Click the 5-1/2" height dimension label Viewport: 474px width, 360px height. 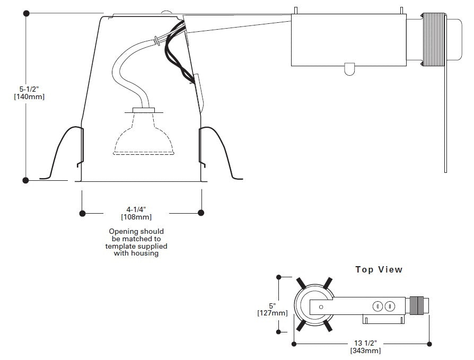(30, 89)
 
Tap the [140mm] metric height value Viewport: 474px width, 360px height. (30, 97)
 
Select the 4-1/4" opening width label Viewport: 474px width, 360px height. (136, 209)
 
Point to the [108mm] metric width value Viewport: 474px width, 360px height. (136, 217)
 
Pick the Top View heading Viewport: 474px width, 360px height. (379, 270)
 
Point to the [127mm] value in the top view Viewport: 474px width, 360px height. (273, 313)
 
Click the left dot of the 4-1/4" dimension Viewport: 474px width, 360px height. (82, 213)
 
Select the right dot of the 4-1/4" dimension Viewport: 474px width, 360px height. (201, 213)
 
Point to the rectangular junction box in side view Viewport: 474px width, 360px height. (347, 40)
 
